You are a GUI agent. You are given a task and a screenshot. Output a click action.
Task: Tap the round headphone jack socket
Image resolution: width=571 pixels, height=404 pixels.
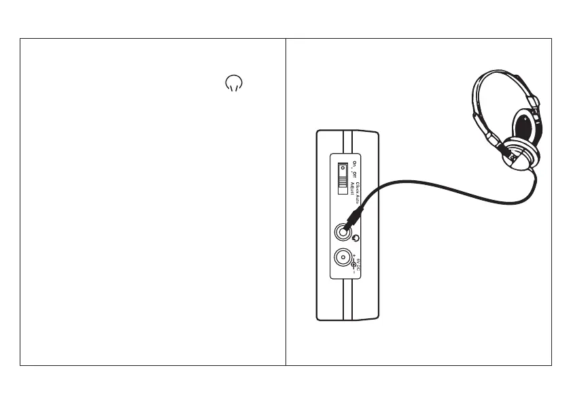343,231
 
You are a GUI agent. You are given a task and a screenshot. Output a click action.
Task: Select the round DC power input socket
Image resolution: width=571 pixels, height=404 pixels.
343,259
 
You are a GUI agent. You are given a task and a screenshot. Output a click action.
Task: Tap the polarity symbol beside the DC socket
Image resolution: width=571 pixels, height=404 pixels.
353,265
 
